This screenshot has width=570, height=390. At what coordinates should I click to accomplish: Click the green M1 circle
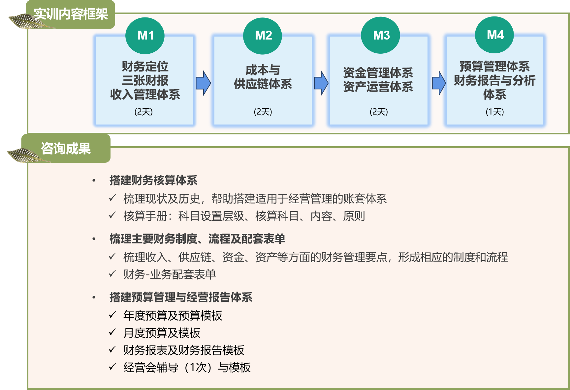tap(145, 35)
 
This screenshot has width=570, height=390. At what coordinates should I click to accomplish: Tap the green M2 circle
tap(263, 35)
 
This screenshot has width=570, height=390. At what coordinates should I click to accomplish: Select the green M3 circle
tap(381, 35)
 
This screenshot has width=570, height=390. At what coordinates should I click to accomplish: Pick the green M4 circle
tap(494, 35)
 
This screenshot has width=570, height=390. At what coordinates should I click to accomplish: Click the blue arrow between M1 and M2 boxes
tap(203, 83)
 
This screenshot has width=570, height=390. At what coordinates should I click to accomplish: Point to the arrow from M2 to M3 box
tap(321, 83)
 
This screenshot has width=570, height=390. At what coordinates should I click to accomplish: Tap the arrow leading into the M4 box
tap(439, 83)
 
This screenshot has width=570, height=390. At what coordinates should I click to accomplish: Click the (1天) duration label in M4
tap(495, 112)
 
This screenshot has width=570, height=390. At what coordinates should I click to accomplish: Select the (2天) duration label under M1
tap(143, 112)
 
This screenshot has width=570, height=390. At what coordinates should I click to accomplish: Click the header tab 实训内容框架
tap(71, 14)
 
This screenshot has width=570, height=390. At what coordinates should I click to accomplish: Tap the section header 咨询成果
tap(66, 149)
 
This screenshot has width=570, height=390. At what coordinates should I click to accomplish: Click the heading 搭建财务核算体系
tap(153, 181)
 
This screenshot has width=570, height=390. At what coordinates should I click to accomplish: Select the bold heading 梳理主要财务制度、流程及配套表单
tap(197, 239)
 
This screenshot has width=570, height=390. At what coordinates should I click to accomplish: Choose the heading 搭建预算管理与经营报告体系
tap(181, 297)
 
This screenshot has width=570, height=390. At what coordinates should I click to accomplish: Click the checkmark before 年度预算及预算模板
tap(112, 315)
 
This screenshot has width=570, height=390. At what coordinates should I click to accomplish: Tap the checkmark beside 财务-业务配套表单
tap(112, 273)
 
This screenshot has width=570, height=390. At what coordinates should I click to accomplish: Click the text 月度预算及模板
tap(162, 333)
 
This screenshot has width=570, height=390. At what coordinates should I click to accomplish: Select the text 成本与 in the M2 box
tap(263, 70)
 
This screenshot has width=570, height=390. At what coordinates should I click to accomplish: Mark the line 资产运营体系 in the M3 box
tap(378, 87)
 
